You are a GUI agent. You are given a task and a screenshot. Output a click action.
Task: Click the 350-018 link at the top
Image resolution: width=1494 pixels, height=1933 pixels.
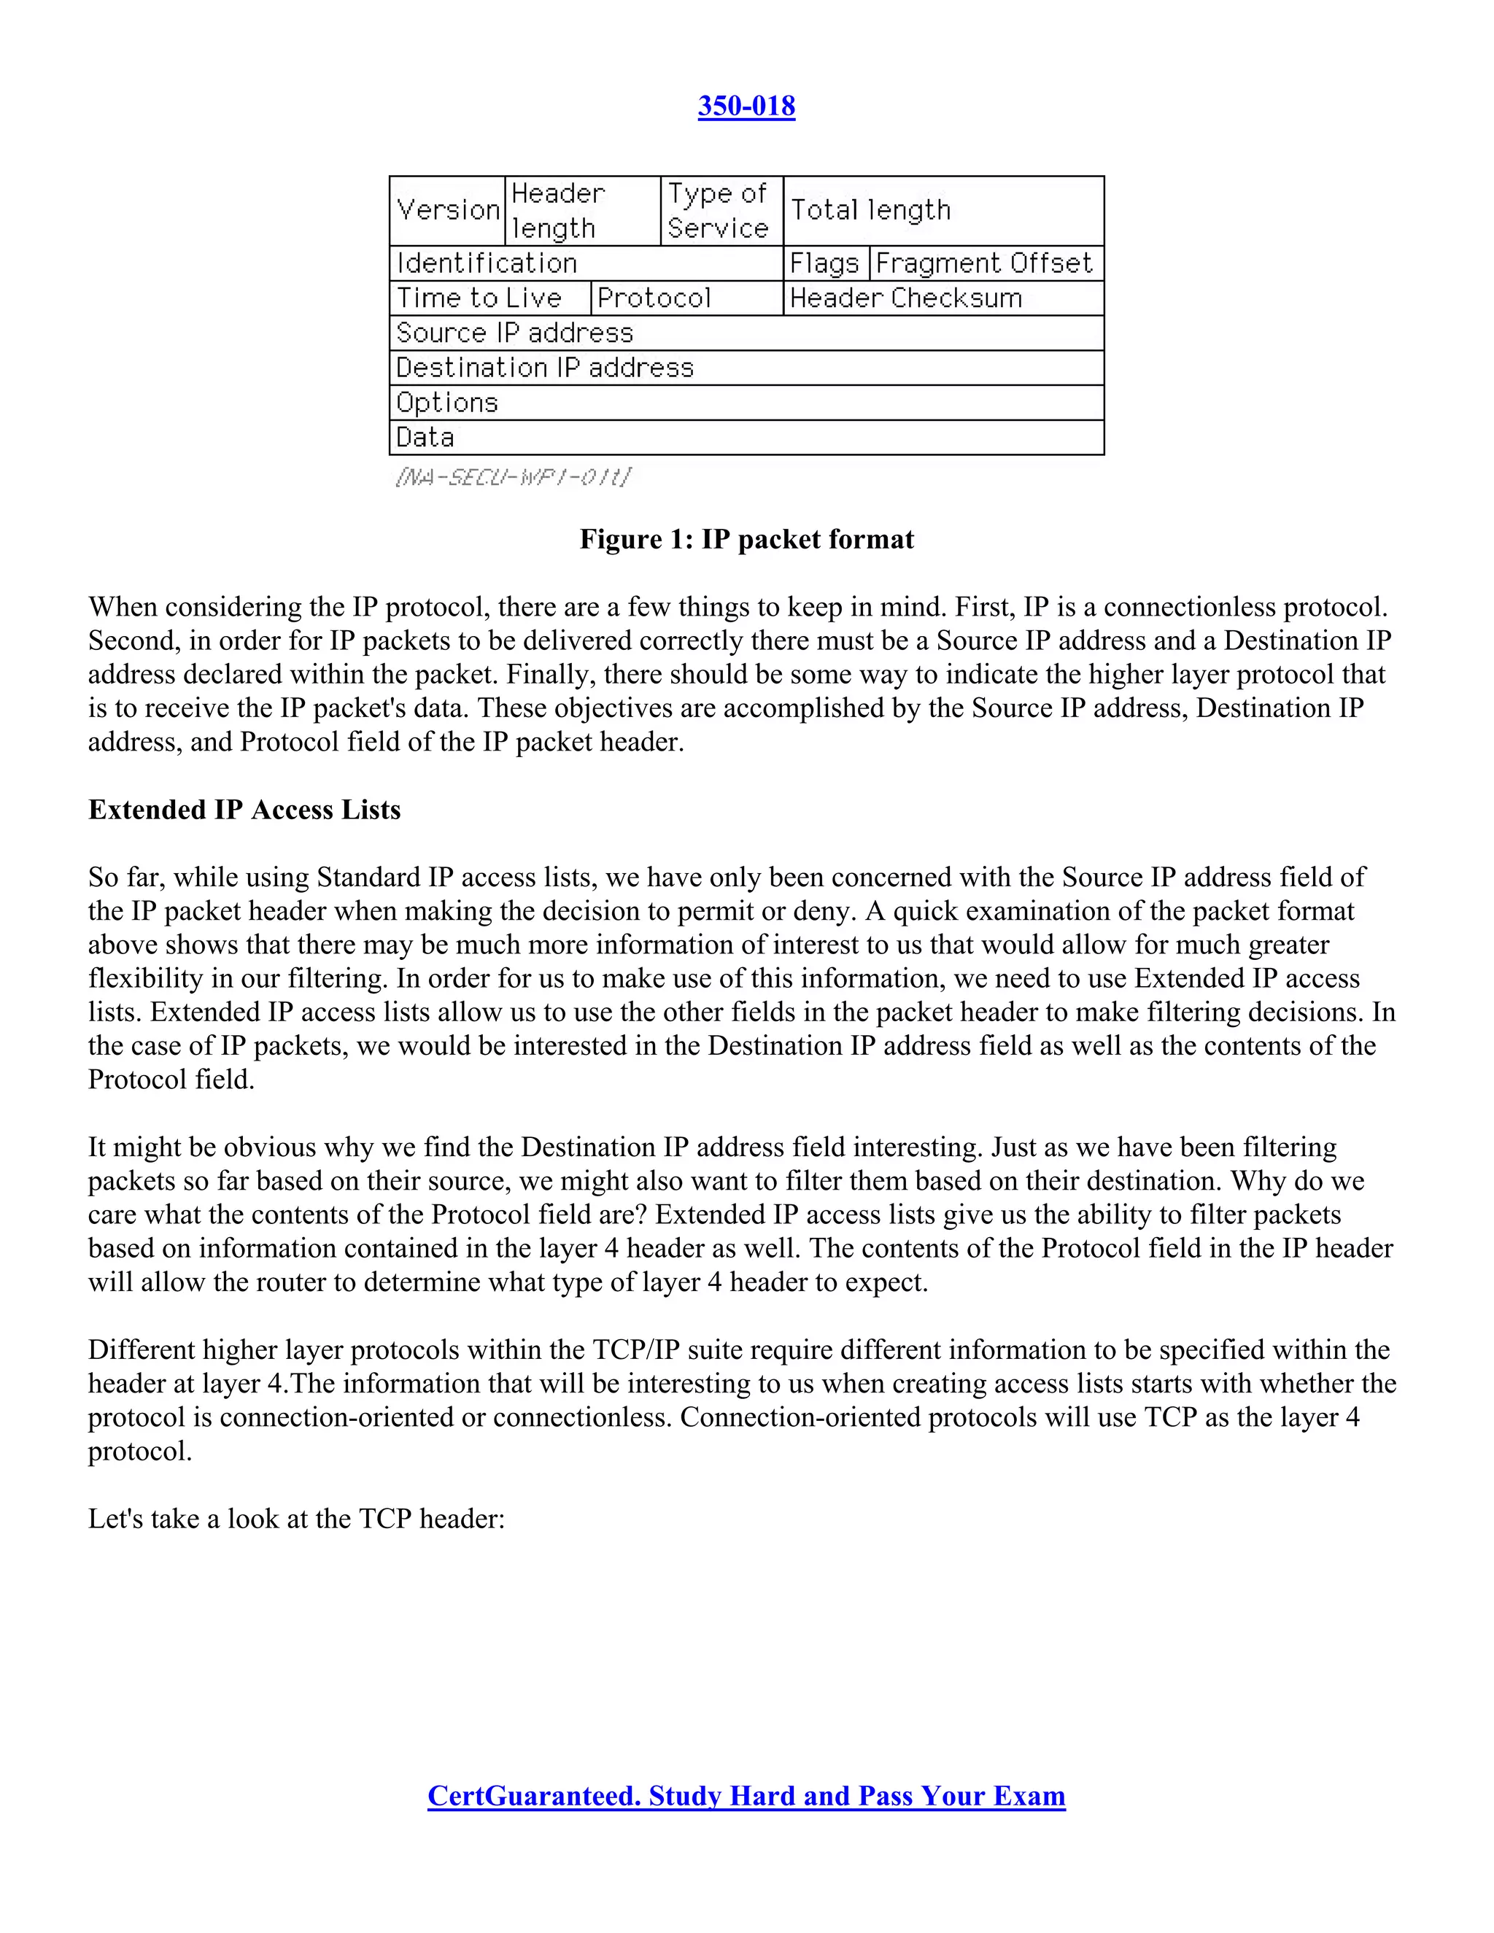(746, 106)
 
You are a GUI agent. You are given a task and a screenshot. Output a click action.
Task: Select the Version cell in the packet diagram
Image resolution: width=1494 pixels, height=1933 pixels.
(448, 211)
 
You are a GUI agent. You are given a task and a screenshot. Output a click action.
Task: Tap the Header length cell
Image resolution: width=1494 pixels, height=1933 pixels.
(582, 211)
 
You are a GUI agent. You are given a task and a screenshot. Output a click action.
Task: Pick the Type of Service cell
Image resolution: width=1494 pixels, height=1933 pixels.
(721, 211)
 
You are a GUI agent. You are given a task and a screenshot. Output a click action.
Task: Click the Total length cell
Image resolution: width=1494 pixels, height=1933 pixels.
(943, 211)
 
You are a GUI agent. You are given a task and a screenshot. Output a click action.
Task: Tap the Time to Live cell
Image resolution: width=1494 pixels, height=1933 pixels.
(489, 298)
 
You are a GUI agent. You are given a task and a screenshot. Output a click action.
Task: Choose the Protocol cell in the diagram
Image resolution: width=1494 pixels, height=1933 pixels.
(686, 298)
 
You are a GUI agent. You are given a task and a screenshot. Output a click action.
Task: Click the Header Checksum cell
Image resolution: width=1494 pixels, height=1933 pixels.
(943, 298)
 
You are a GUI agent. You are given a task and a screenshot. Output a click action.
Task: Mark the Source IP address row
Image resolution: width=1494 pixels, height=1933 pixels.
(746, 333)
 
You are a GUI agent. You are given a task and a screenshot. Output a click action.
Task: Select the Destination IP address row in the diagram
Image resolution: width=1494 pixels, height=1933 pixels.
(746, 368)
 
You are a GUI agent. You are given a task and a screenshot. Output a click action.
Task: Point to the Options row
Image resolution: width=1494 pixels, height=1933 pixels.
(746, 403)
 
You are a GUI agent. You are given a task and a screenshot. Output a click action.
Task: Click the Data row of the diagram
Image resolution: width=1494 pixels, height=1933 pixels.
(746, 437)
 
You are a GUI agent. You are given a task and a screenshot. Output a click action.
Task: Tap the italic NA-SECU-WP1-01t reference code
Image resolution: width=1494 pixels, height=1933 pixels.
(514, 478)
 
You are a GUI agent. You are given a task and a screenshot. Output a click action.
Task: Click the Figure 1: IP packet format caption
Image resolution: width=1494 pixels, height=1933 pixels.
(746, 539)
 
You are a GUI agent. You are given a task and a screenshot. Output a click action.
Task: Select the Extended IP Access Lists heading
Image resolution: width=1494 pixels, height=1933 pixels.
(244, 810)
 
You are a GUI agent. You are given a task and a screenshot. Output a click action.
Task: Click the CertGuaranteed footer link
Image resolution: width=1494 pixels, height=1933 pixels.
(746, 1796)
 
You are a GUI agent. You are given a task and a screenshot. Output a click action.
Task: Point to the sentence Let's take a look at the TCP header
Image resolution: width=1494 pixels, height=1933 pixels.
(296, 1519)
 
